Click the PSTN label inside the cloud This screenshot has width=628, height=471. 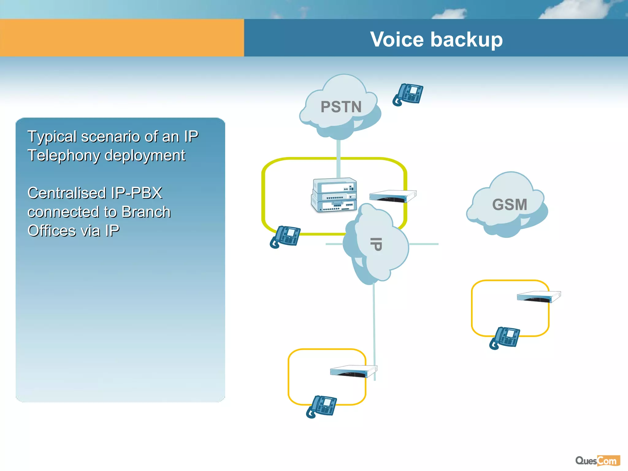coord(341,107)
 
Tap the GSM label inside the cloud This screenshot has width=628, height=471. coord(510,205)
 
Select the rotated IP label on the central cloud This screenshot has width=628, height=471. coord(376,244)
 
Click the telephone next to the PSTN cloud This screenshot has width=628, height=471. coord(408,94)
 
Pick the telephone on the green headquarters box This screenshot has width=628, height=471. coord(285,237)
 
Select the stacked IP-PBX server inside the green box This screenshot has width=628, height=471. coord(334,195)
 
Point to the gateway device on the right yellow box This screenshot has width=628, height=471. coord(539,297)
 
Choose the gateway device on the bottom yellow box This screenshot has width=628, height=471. coord(353,371)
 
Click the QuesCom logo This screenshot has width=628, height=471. coord(597,461)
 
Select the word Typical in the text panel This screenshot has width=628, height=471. coord(52,137)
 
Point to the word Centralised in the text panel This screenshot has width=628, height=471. coord(67,193)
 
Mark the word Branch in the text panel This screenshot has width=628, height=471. coord(146,212)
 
